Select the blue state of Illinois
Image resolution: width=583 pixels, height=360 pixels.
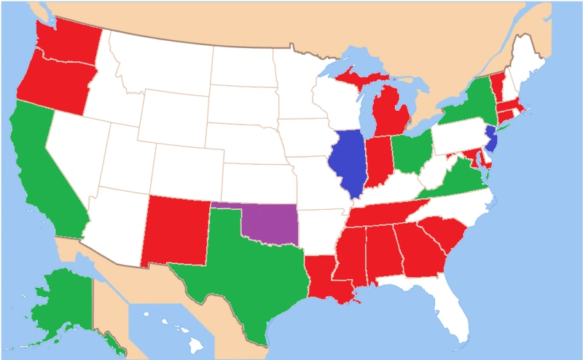348,160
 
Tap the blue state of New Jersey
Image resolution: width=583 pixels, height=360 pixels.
491,137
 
